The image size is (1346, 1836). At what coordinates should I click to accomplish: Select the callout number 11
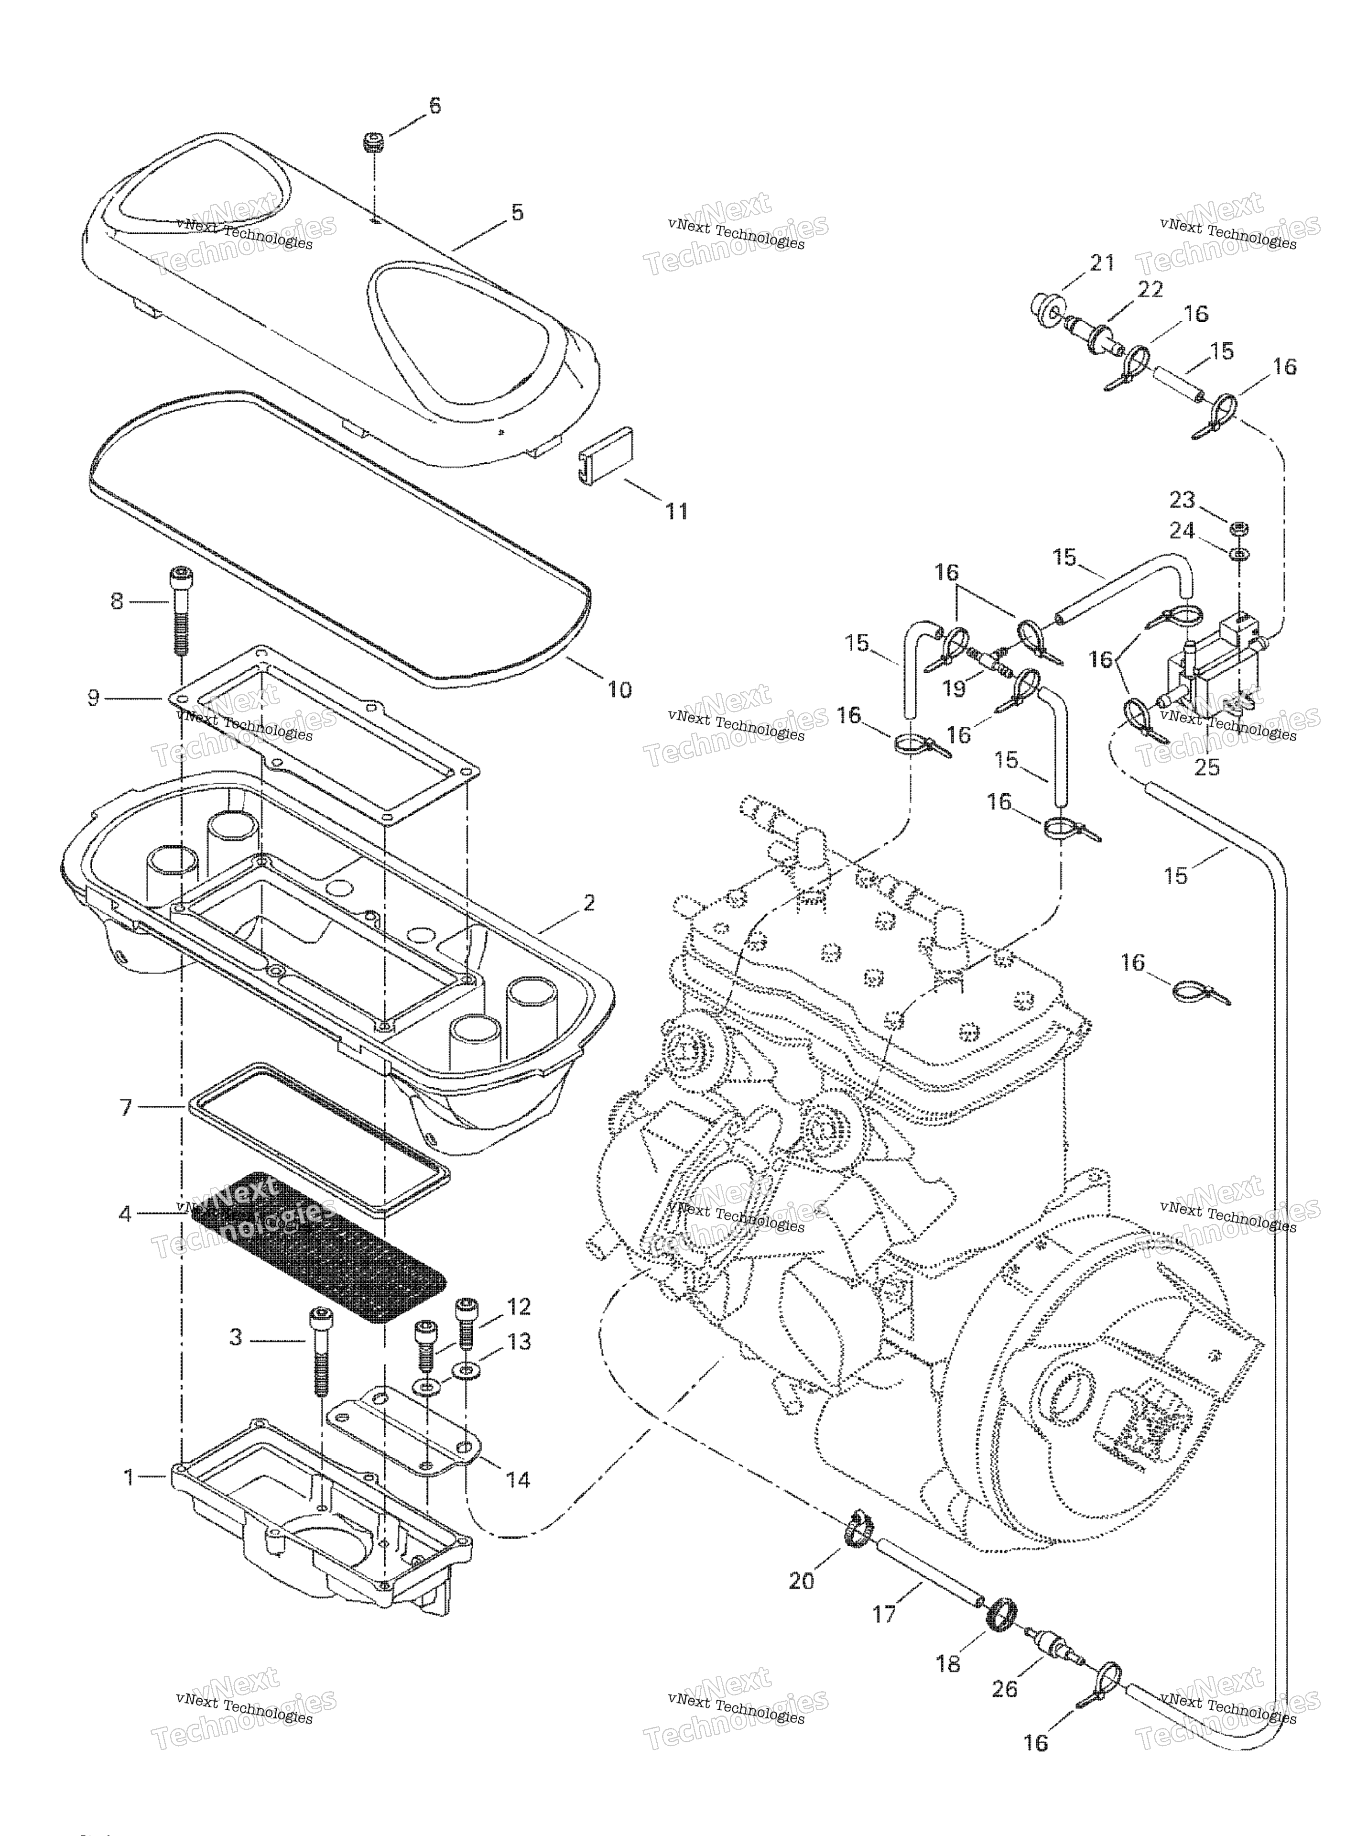click(676, 511)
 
